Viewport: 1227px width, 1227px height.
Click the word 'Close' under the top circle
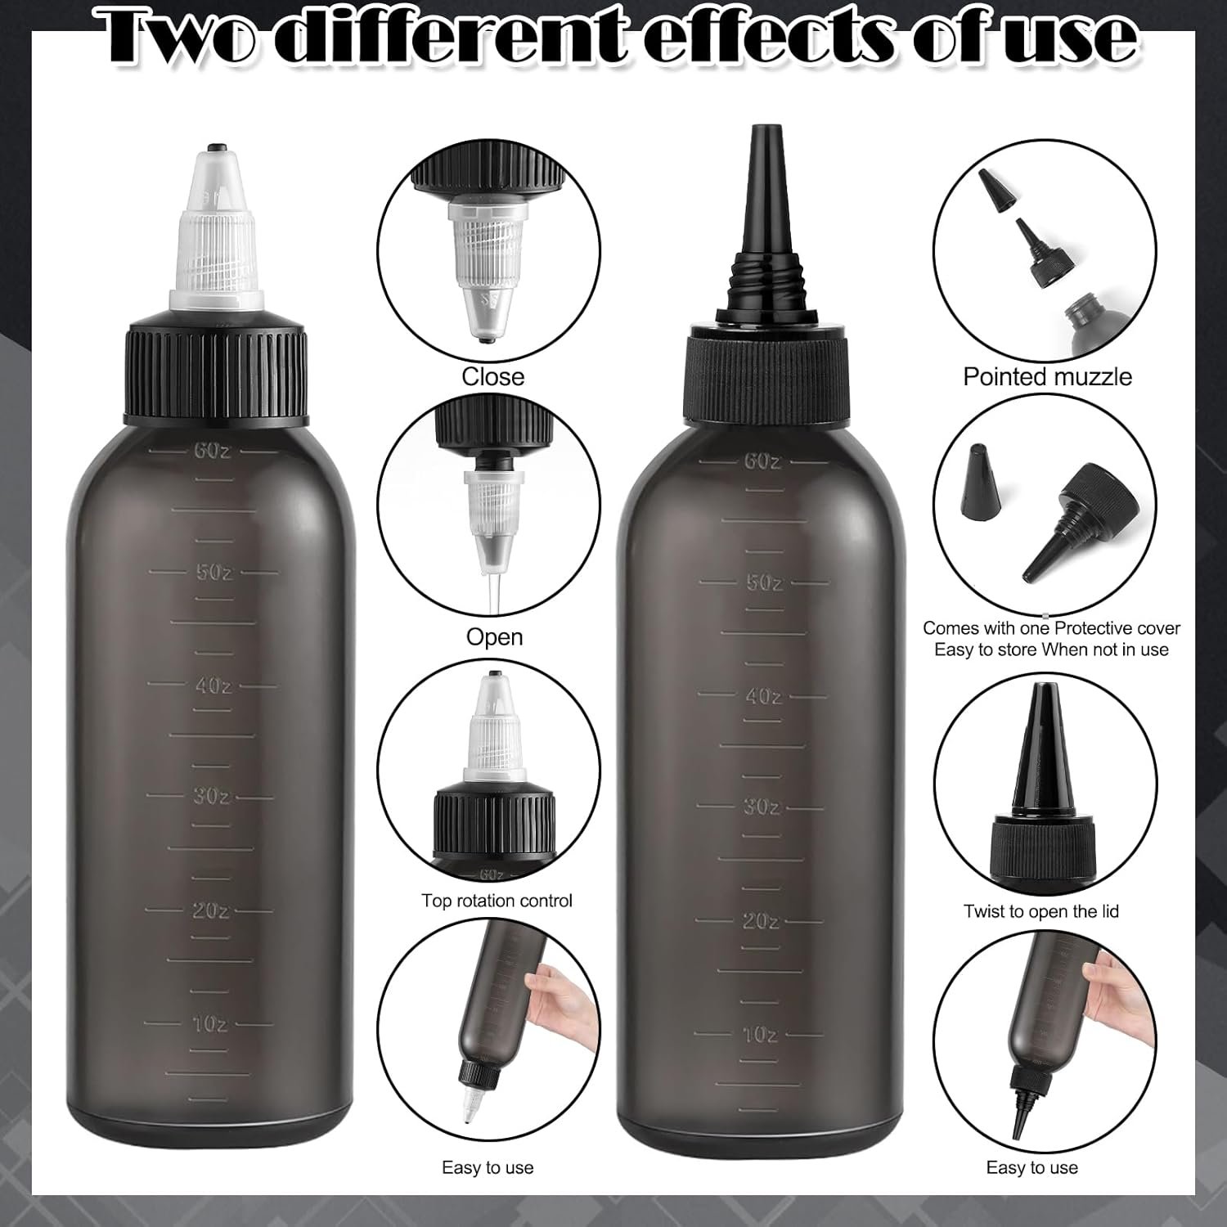(x=492, y=376)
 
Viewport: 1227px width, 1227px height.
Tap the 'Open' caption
(x=494, y=636)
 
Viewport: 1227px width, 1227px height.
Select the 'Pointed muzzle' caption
(x=1047, y=376)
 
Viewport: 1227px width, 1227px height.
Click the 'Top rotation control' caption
(x=497, y=901)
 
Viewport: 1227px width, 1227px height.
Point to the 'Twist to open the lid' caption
(x=1040, y=911)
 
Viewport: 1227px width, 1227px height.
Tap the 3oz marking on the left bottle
(x=211, y=795)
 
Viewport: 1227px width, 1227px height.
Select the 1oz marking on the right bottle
(x=761, y=1035)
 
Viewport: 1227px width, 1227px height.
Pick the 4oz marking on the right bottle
(x=762, y=696)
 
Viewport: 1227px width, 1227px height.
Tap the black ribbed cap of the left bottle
(x=217, y=374)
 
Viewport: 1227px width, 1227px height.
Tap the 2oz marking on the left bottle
(x=211, y=910)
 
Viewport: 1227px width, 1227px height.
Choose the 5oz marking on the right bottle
(x=762, y=582)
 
